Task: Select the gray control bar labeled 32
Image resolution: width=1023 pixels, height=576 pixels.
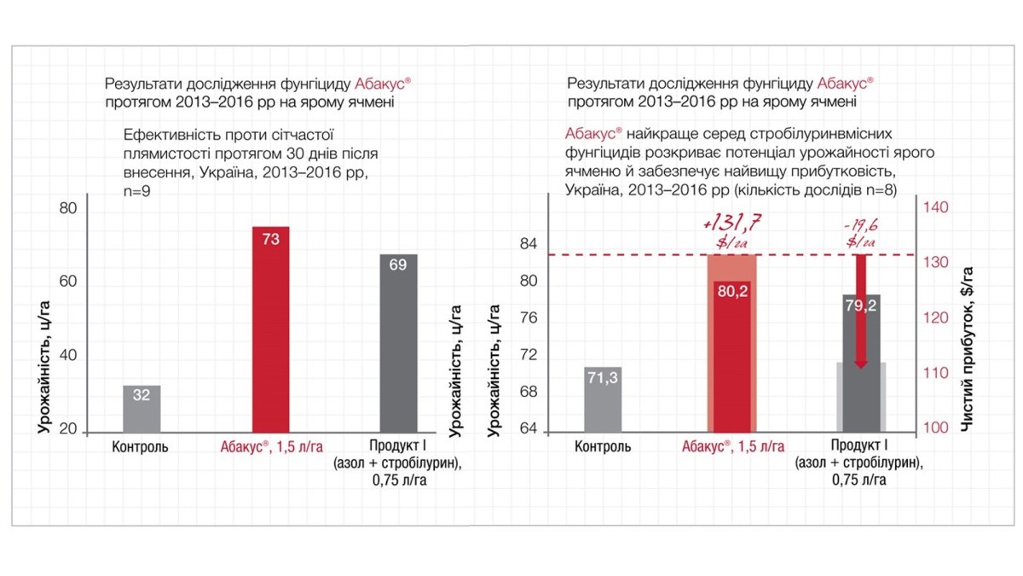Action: [142, 409]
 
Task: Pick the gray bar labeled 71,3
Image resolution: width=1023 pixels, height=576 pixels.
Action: [602, 399]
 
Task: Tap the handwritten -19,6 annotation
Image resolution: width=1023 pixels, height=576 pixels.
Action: [864, 230]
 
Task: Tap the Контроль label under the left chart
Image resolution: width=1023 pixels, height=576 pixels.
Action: [141, 446]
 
